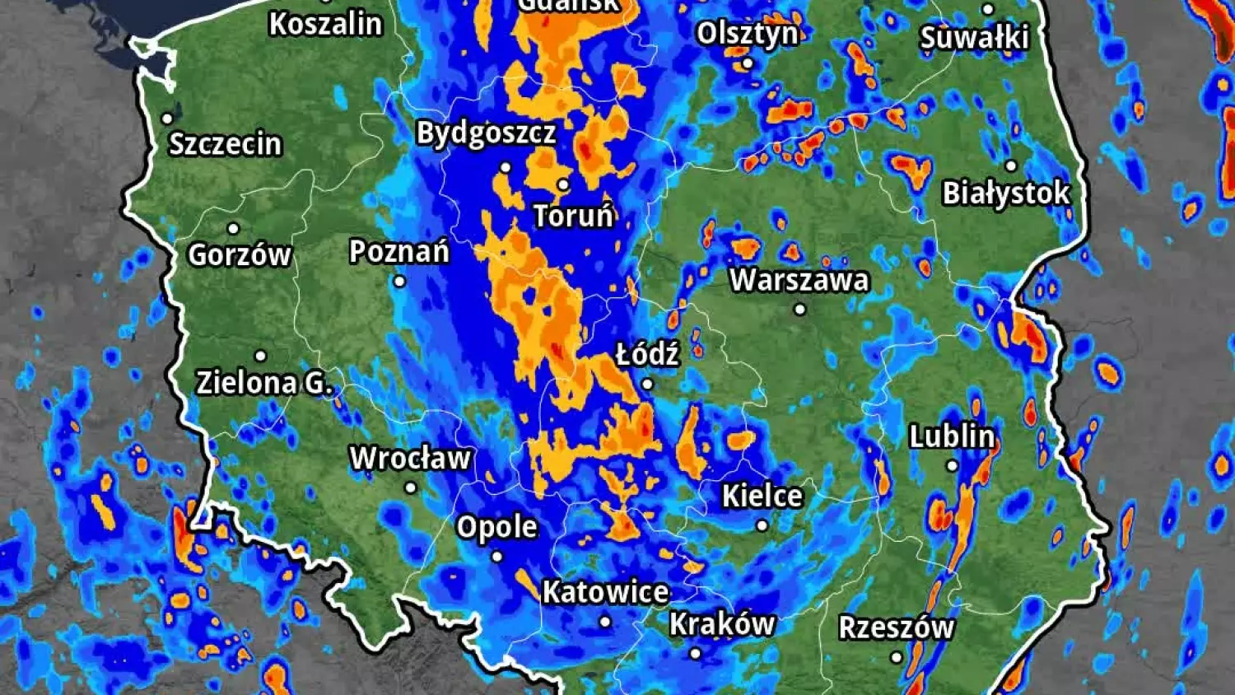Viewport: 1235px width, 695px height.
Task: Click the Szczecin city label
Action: [226, 144]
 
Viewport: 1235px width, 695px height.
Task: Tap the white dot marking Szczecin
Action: [167, 119]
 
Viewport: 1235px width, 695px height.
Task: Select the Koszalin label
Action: [326, 24]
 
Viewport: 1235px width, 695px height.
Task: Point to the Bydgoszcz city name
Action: [486, 133]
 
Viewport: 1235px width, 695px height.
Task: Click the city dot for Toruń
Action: [563, 184]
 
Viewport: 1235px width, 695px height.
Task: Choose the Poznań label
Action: [399, 251]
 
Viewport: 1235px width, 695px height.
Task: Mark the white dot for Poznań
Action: [399, 282]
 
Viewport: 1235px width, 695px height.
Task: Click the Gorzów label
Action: [240, 254]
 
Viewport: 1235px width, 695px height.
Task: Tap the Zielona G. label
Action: [264, 382]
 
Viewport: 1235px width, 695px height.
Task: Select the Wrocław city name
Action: [410, 458]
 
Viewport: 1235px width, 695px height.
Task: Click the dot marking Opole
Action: [496, 557]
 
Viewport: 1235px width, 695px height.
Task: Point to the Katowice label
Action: [605, 592]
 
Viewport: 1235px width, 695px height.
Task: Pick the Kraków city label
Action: [722, 624]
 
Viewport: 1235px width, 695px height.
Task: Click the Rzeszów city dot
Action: [897, 657]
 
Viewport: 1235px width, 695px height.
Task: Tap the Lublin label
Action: [952, 436]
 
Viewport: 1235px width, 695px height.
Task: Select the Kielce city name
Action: [762, 496]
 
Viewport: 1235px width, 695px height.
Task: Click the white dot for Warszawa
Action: [799, 310]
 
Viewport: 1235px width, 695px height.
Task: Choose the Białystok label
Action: [1006, 193]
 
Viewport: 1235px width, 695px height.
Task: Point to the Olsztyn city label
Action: [747, 34]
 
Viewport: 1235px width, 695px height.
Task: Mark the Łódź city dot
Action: [647, 384]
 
